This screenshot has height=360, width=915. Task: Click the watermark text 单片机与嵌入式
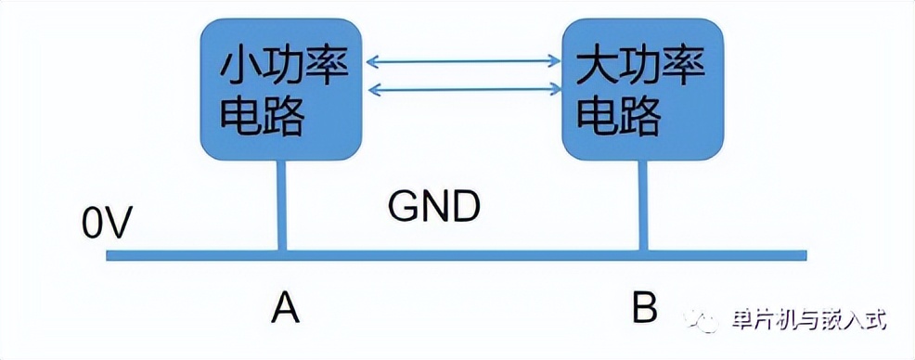tap(809, 320)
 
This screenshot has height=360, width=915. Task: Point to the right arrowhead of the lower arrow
tap(556, 90)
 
